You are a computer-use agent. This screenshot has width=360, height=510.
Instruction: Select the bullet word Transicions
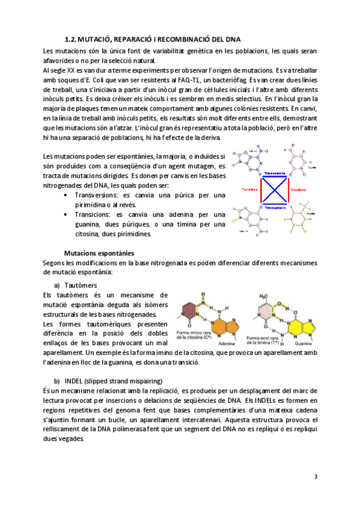(x=93, y=214)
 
